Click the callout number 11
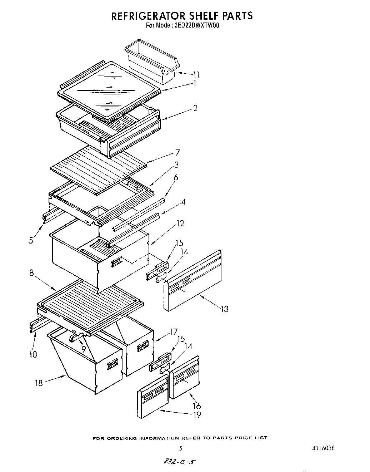tap(196, 75)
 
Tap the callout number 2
tap(195, 108)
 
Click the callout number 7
tap(177, 153)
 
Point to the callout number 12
tap(180, 223)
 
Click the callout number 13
tap(224, 309)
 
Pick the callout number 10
tap(33, 354)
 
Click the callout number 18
tap(39, 383)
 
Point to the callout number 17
tap(174, 332)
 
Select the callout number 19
tap(197, 415)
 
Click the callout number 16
tap(197, 406)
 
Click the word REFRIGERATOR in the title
tap(150, 16)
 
